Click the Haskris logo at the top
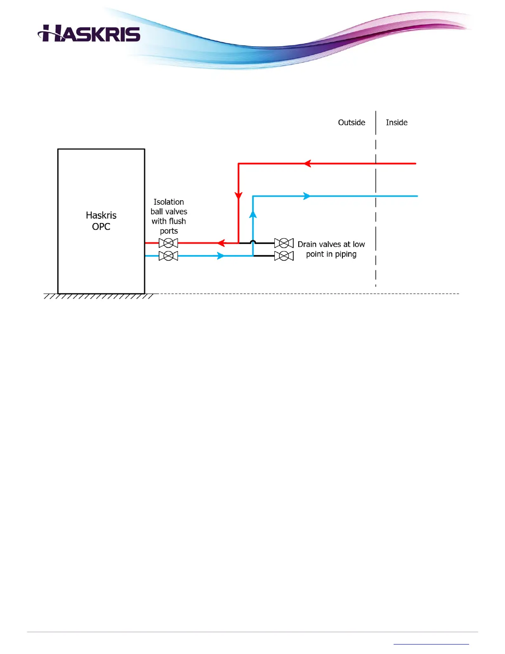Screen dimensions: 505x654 click(x=89, y=33)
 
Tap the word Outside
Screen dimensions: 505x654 click(x=352, y=123)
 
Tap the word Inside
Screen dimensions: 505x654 click(x=396, y=123)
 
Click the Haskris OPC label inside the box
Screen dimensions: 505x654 click(x=101, y=221)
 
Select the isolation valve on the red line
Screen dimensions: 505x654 click(x=168, y=243)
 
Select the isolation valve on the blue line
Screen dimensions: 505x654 click(x=168, y=256)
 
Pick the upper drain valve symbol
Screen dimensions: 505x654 click(x=284, y=243)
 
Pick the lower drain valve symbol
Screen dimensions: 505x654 click(x=284, y=256)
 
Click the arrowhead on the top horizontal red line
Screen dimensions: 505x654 click(x=307, y=163)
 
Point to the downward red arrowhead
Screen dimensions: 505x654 click(x=238, y=195)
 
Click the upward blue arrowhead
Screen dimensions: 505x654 click(x=253, y=214)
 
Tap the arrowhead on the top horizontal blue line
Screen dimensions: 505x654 click(x=307, y=196)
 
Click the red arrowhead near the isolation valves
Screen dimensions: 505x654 click(x=221, y=243)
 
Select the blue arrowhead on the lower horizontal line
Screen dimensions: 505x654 click(x=221, y=256)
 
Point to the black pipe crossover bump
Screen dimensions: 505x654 click(x=253, y=242)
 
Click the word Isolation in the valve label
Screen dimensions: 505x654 click(x=169, y=202)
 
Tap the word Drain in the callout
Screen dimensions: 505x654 click(x=307, y=244)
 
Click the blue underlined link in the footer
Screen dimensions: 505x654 click(x=431, y=644)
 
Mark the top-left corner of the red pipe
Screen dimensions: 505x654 click(x=238, y=164)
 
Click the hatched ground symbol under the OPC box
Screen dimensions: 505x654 click(x=99, y=296)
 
